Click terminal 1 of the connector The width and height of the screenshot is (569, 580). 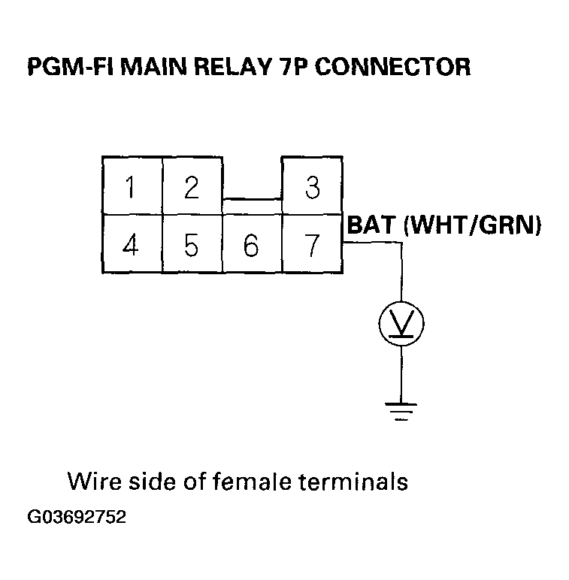coord(132,186)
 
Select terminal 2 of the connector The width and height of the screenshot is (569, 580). coord(192,186)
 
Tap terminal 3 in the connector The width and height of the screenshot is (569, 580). coord(312,186)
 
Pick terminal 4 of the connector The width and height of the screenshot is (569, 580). coord(132,245)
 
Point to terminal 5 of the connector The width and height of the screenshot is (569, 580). coord(192,245)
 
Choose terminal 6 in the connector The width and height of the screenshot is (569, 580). coord(252,245)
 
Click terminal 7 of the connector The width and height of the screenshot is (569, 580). coord(312,245)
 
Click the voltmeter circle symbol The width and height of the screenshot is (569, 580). coord(401,323)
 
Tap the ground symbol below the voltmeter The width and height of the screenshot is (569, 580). coord(401,410)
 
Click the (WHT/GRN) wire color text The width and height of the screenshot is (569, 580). coord(473,225)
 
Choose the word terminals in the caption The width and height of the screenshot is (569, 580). coord(355,481)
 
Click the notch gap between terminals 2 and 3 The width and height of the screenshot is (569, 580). coord(252,179)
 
